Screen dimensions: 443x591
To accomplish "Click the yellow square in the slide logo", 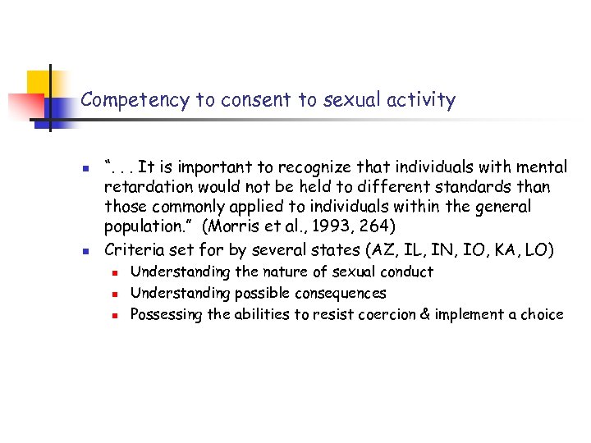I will coord(39,84).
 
